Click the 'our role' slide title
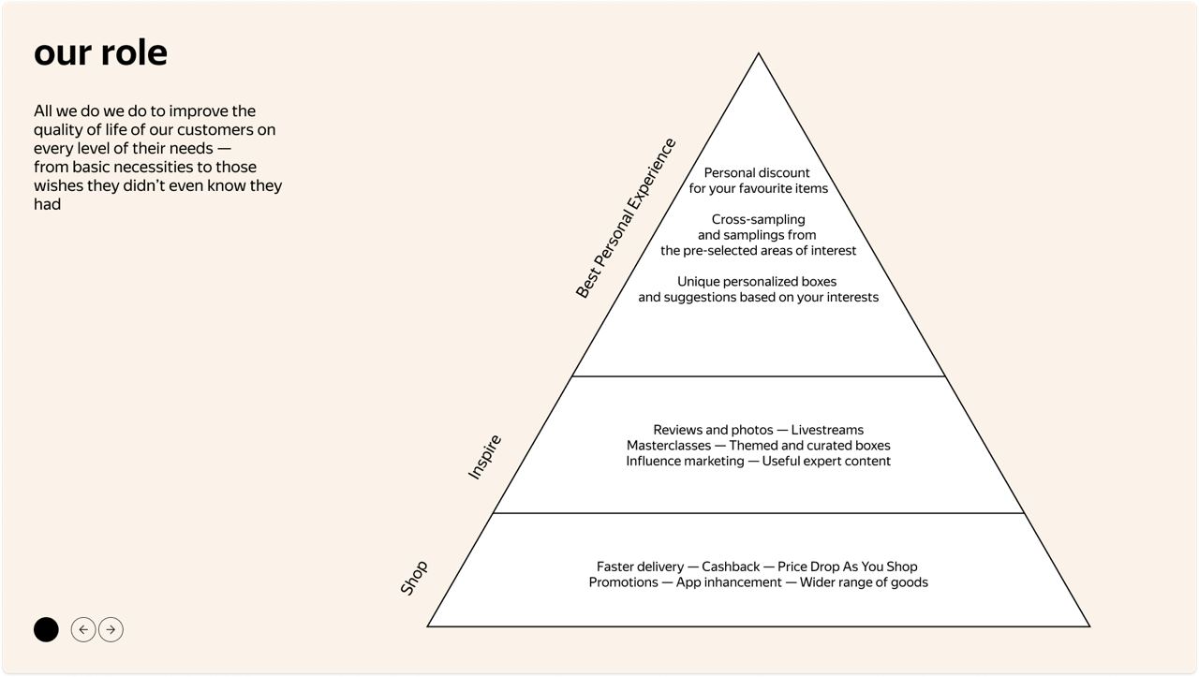(x=100, y=52)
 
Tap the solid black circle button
(x=46, y=630)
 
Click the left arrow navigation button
(x=83, y=630)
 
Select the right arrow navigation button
(x=111, y=630)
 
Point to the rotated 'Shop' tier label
(x=414, y=578)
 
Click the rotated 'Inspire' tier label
(x=485, y=457)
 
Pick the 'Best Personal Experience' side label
(x=626, y=218)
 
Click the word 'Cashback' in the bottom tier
(x=731, y=567)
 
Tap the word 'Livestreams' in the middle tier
(x=827, y=430)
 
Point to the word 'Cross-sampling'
(x=759, y=220)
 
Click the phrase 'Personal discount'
(x=757, y=173)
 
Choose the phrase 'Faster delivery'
(x=640, y=567)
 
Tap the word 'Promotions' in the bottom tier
(x=623, y=582)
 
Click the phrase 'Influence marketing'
(x=685, y=462)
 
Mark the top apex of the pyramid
(x=759, y=55)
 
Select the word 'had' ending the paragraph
(x=47, y=204)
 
